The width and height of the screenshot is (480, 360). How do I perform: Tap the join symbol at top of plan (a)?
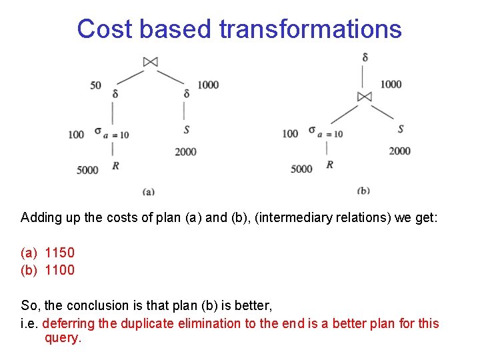point(150,62)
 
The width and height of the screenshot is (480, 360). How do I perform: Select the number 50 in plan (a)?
point(95,85)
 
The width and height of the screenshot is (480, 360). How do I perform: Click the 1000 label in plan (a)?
point(207,84)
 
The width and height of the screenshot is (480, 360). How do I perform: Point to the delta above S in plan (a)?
point(186,94)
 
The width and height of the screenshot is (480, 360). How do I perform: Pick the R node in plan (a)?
point(115,165)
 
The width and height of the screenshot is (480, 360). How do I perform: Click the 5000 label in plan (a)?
point(87,170)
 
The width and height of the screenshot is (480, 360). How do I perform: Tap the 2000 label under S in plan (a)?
point(185,151)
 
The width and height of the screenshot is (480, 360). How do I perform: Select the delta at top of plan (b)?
point(365,58)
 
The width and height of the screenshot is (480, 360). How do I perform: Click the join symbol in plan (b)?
point(364,97)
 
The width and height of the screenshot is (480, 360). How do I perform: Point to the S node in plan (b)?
point(400,129)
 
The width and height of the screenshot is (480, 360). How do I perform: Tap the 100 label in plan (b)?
point(290,133)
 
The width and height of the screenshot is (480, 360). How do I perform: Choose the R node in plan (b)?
point(329,164)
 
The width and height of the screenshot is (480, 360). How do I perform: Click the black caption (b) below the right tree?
point(363,191)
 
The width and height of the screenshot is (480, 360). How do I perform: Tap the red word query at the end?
point(62,338)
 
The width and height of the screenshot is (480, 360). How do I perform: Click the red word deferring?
point(69,323)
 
